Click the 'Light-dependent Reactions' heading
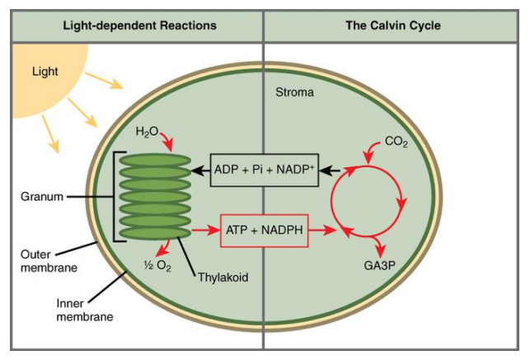tap(139, 26)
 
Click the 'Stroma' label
tap(294, 93)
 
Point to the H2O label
tap(146, 131)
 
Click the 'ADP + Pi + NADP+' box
tap(264, 170)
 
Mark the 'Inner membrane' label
tap(79, 309)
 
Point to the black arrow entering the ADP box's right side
tap(330, 171)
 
